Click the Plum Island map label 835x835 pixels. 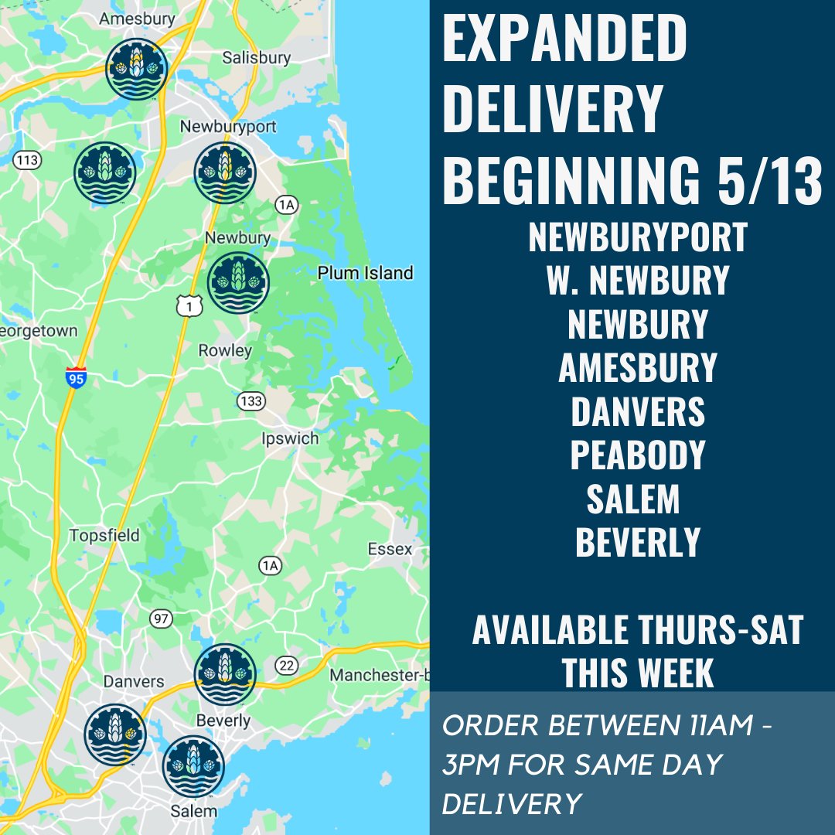pyautogui.click(x=366, y=273)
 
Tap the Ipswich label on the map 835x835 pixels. pyautogui.click(x=290, y=438)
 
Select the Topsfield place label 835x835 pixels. pyautogui.click(x=104, y=535)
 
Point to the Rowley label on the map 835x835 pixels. pyautogui.click(x=225, y=350)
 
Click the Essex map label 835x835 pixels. pyautogui.click(x=390, y=549)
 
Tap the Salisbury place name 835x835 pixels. pyautogui.click(x=256, y=57)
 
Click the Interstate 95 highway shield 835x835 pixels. pyautogui.click(x=75, y=377)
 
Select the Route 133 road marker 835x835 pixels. pyautogui.click(x=251, y=401)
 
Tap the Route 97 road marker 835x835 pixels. pyautogui.click(x=161, y=619)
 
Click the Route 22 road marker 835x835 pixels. pyautogui.click(x=287, y=666)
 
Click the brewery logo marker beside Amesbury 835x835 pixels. pyautogui.click(x=137, y=70)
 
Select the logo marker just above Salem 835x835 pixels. pyautogui.click(x=193, y=766)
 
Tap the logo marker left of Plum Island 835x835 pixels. pyautogui.click(x=238, y=283)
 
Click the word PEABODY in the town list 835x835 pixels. pyautogui.click(x=638, y=455)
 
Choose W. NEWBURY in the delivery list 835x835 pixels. pyautogui.click(x=638, y=280)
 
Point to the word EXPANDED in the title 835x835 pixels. pyautogui.click(x=564, y=39)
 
